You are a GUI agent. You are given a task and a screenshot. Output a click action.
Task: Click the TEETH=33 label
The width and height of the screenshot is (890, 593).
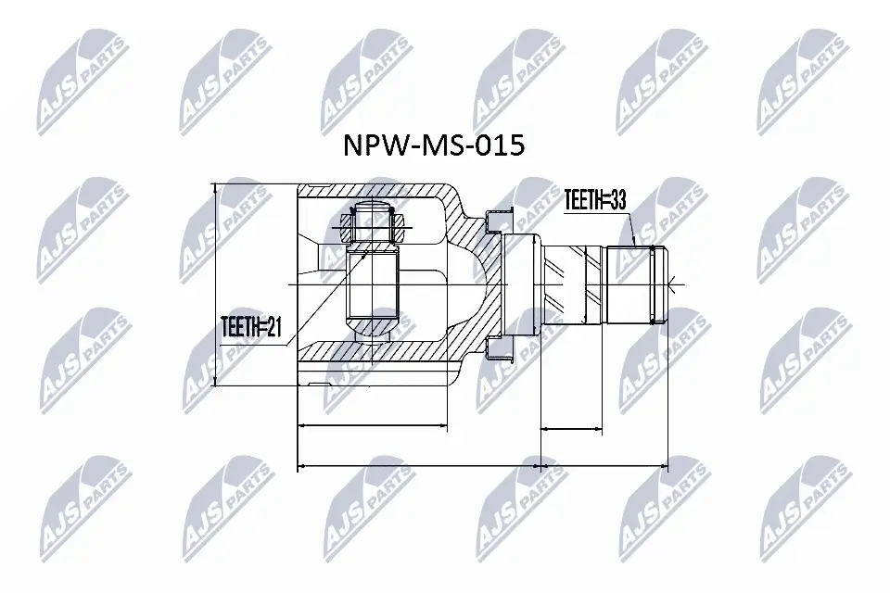pos(596,199)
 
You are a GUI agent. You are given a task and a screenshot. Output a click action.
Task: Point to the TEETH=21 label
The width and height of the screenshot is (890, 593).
pos(249,326)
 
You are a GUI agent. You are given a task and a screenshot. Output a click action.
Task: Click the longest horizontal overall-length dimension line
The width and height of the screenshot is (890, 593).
pos(482,465)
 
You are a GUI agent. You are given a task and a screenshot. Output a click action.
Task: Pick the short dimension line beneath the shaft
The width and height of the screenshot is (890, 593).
pos(571,430)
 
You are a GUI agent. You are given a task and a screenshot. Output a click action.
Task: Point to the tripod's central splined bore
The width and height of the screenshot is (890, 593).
pos(374,284)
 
